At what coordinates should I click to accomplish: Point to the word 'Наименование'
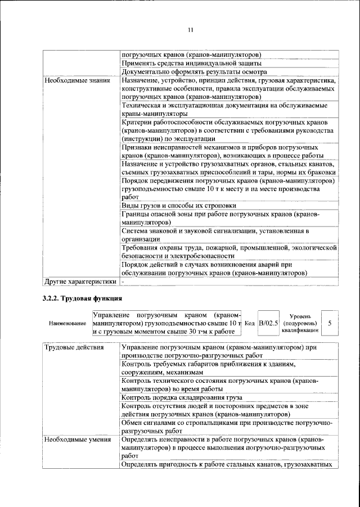tap(67, 324)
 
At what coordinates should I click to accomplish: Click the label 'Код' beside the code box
tap(250, 323)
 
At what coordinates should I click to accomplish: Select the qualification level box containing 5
tap(330, 323)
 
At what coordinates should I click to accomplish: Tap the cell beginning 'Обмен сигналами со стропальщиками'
tap(227, 427)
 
